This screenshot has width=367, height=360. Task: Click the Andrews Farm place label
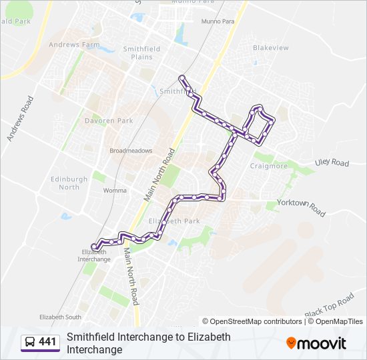[73, 45]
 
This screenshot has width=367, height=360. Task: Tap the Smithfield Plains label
[137, 53]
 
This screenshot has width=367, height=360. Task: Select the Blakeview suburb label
[271, 48]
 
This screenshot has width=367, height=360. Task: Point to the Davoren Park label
[108, 121]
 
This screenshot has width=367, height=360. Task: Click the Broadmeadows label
[131, 151]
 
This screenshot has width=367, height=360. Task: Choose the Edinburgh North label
[69, 183]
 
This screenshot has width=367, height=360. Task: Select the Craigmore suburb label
[268, 166]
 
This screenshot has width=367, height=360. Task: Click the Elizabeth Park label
[174, 221]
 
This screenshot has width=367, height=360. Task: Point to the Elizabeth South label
[60, 317]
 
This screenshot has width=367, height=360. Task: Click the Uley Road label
[332, 163]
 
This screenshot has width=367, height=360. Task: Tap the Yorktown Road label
[300, 206]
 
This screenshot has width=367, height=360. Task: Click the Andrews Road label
[20, 118]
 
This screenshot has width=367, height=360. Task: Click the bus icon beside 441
[30, 343]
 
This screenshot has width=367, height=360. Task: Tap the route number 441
[47, 343]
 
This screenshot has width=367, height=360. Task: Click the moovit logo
[316, 343]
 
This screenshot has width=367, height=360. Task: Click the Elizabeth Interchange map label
[94, 255]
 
